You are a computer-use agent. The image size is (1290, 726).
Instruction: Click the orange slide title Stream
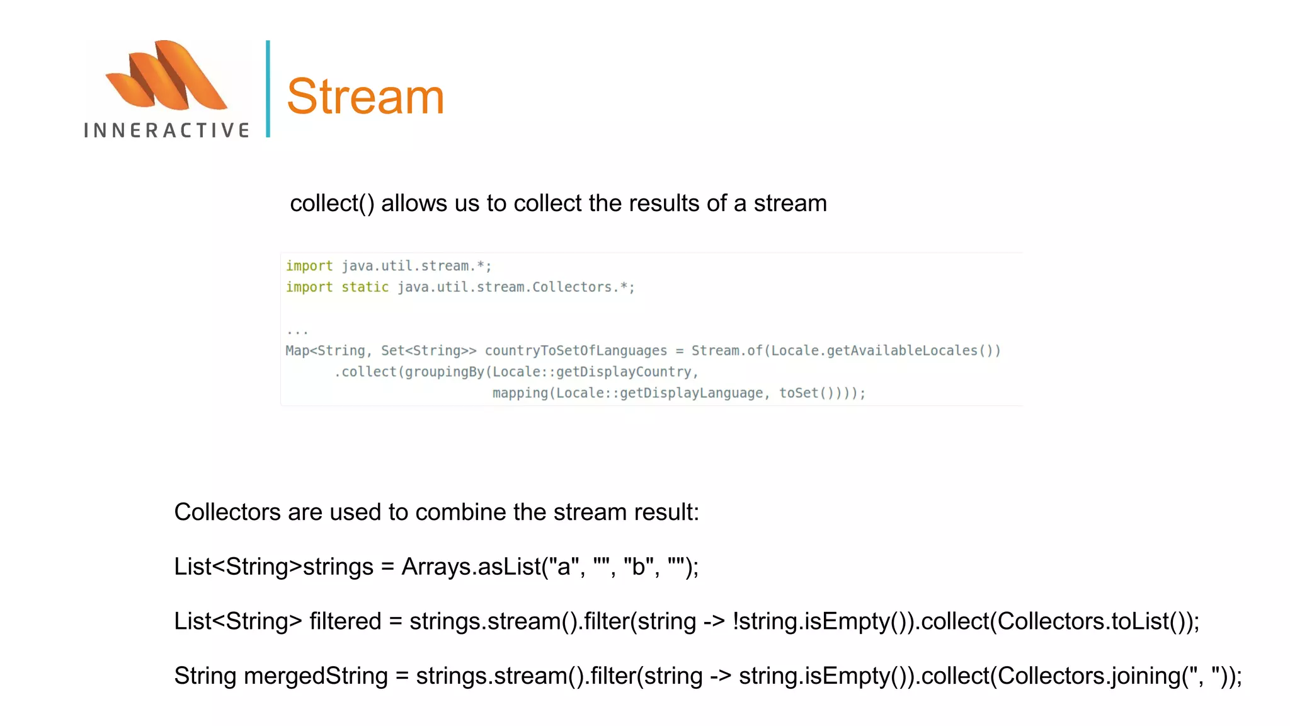pyautogui.click(x=365, y=96)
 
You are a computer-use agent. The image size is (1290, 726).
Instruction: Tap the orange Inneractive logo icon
pyautogui.click(x=166, y=76)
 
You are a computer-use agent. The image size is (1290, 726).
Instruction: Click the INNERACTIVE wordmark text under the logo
pyautogui.click(x=167, y=130)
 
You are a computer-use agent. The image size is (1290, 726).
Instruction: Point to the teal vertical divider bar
pyautogui.click(x=268, y=89)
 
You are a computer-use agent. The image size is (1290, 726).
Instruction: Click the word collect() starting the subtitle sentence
pyautogui.click(x=332, y=204)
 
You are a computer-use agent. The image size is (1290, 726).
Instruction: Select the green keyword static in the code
pyautogui.click(x=365, y=287)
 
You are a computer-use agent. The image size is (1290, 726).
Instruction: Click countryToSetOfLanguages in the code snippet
pyautogui.click(x=575, y=351)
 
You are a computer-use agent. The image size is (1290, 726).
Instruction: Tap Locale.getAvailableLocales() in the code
pyautogui.click(x=886, y=351)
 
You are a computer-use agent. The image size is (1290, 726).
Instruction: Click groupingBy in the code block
pyautogui.click(x=444, y=372)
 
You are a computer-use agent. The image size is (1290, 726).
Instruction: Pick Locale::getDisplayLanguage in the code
pyautogui.click(x=659, y=393)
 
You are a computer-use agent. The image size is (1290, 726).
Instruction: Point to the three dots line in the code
pyautogui.click(x=297, y=331)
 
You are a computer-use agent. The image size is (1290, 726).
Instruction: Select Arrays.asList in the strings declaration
pyautogui.click(x=471, y=567)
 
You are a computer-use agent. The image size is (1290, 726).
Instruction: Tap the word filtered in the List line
pyautogui.click(x=345, y=621)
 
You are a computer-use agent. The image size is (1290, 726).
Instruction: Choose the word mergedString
pyautogui.click(x=316, y=676)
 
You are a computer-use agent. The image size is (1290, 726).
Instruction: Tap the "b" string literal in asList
pyautogui.click(x=638, y=567)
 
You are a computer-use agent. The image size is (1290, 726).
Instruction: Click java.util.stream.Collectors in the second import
pyautogui.click(x=504, y=287)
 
